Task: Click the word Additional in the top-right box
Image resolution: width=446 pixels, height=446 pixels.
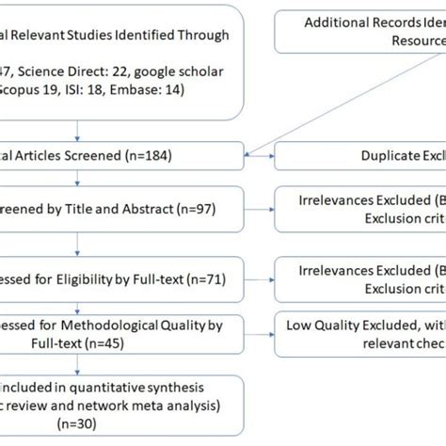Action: pyautogui.click(x=333, y=24)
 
